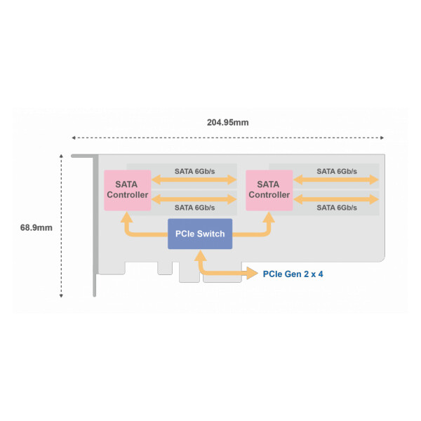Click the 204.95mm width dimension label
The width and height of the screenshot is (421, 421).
pos(227,122)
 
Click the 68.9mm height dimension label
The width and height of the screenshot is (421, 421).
pos(36,227)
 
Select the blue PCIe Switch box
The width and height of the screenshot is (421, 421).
pos(200,234)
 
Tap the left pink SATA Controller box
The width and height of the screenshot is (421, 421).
pos(128,190)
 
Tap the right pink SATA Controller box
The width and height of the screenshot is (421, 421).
pos(269,190)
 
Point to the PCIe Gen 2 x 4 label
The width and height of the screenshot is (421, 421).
pos(293,274)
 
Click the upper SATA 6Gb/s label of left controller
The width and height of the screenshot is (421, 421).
pos(194,171)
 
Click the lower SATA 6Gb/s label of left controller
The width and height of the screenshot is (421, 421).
pos(194,208)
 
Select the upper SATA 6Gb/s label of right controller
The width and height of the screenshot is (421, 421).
pos(337,171)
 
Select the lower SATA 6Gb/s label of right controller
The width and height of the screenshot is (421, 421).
pos(337,208)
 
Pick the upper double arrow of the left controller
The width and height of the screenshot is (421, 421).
pos(194,180)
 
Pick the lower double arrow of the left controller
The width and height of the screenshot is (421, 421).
pos(194,199)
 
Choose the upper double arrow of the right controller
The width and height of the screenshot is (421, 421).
pos(336,180)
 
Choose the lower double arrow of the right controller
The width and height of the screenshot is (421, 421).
pos(336,199)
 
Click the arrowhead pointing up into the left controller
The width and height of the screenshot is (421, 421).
pos(127,217)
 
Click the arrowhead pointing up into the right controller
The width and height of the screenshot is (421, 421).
pos(269,217)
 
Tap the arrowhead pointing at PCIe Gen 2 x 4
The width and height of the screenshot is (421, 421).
pos(253,274)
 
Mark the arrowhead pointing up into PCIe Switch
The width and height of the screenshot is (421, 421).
pos(200,255)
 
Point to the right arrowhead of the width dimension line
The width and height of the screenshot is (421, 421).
pos(382,138)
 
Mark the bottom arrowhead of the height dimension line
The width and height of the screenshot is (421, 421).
pos(61,296)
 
